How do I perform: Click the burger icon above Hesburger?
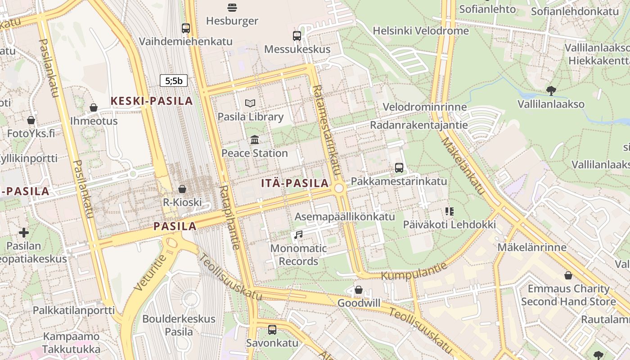pos(232,7)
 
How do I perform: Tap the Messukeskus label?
pos(297,49)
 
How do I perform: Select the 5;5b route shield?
pos(174,81)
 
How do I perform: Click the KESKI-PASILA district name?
pos(152,101)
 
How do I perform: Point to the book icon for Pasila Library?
pos(250,103)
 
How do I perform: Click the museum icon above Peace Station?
pos(255,140)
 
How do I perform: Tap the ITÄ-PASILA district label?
pos(295,183)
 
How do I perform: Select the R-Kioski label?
pos(182,202)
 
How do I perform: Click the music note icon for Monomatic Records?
pos(298,234)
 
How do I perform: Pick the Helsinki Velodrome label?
pos(421,31)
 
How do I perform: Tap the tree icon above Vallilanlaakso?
pos(551,91)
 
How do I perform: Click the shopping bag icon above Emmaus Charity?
pos(568,275)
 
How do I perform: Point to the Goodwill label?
pos(359,303)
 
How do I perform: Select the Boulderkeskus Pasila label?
pos(179,325)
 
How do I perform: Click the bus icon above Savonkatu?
pos(272,330)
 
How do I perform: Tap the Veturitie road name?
pos(150,272)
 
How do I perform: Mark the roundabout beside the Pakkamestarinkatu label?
pos(339,188)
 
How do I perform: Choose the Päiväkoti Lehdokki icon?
pos(449,211)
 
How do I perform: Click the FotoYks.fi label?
pos(31,134)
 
